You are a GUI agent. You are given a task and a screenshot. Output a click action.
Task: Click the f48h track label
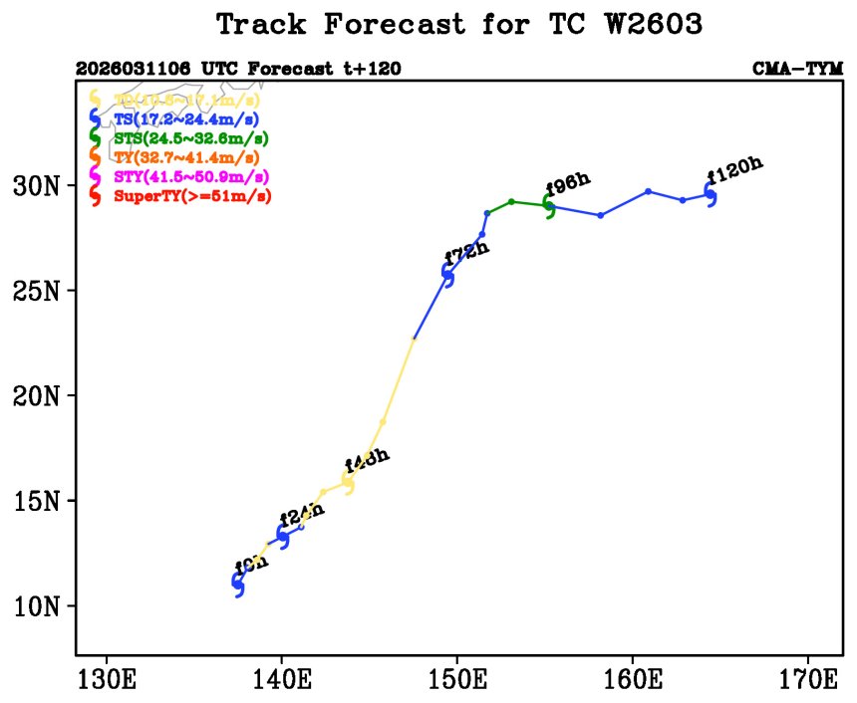point(366,461)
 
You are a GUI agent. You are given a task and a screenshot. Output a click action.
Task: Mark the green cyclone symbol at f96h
point(550,206)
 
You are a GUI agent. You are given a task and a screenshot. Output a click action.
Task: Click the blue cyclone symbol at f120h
point(711,194)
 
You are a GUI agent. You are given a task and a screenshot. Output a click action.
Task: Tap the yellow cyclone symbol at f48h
point(348,482)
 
